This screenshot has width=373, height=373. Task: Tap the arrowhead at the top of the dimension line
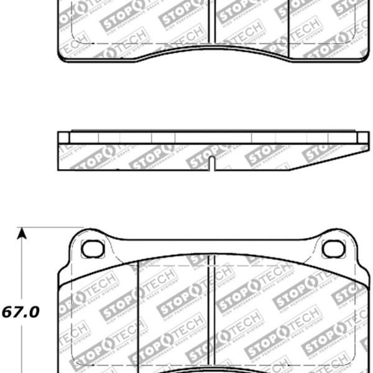(22, 234)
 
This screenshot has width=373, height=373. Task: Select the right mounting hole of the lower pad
(334, 249)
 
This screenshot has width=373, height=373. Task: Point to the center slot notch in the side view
(212, 164)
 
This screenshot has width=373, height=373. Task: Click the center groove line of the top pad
(215, 22)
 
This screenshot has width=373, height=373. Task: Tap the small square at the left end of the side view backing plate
(64, 137)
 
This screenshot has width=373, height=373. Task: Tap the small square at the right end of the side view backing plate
(362, 137)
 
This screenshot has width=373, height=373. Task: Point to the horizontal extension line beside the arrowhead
(50, 228)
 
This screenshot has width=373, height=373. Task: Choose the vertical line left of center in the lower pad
(136, 311)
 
